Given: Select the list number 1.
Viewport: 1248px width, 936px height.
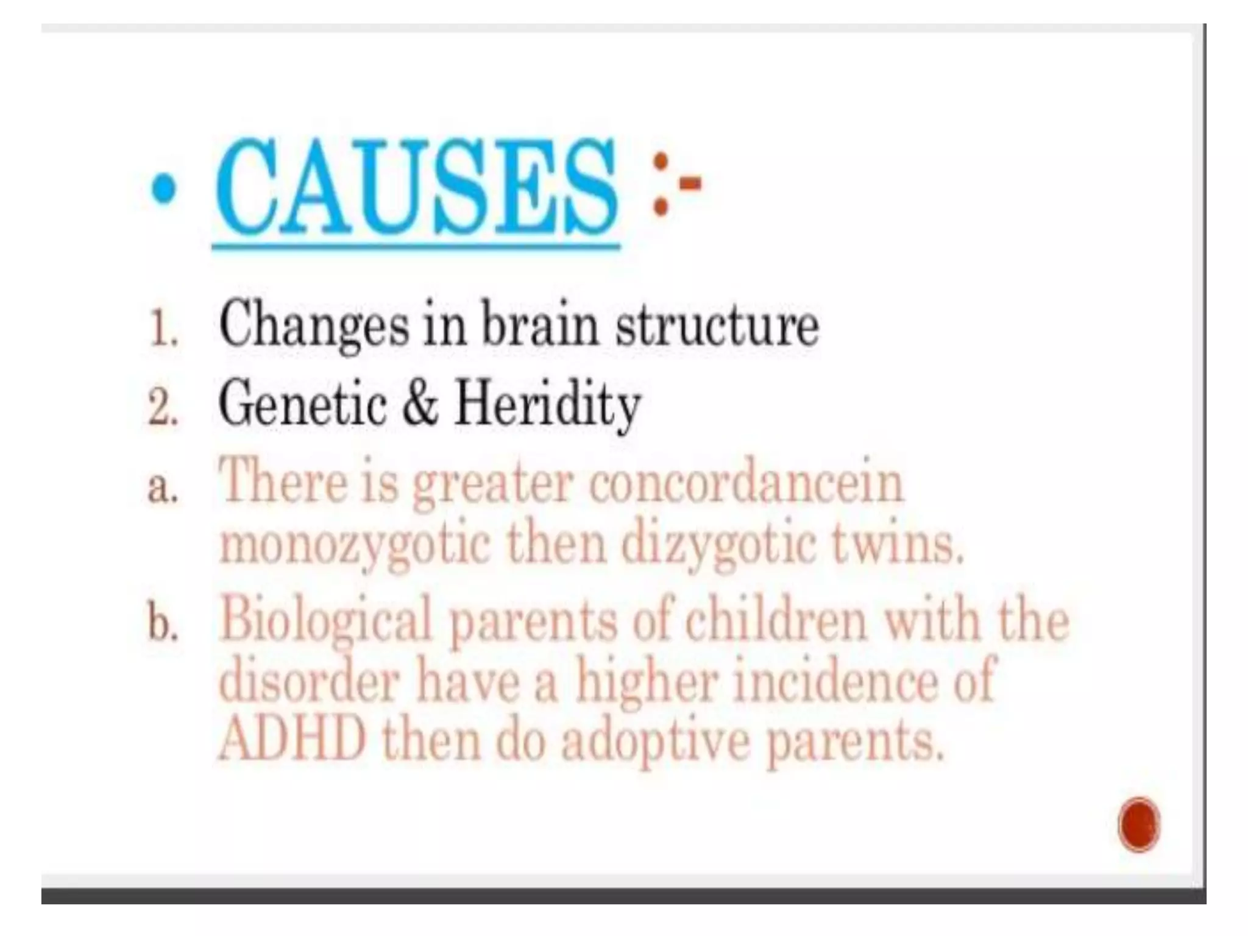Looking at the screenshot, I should coord(163,331).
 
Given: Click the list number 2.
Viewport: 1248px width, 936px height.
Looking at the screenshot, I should coord(163,409).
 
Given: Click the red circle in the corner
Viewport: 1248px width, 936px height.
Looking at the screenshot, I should coord(1138,825).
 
